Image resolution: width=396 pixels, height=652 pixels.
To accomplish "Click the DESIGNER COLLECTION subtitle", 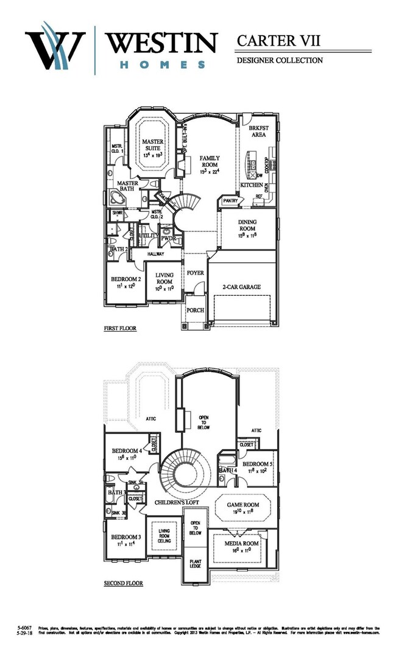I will (279, 60).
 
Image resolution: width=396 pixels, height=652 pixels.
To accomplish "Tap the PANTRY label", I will (230, 200).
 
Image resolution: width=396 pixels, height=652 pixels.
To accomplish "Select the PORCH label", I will (195, 310).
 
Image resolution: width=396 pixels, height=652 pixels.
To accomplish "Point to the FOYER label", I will (195, 273).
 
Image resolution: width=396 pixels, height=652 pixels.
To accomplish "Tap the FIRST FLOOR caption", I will (119, 329).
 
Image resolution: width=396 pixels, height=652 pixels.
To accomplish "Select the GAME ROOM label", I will (243, 505).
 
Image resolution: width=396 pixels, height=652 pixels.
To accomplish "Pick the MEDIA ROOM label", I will (243, 543).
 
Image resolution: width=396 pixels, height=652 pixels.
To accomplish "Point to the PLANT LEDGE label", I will (196, 563).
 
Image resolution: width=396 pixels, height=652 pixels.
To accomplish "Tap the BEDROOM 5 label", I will (259, 463).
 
